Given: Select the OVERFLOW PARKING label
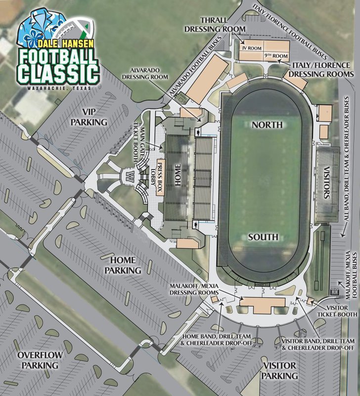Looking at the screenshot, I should coord(38,360).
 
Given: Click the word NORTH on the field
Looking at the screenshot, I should coord(267,125).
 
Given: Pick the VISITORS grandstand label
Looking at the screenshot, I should coord(326,185).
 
